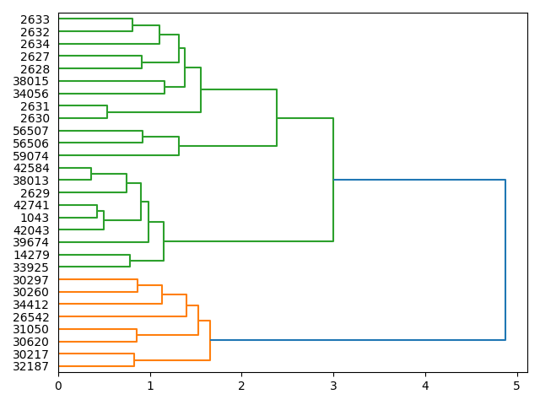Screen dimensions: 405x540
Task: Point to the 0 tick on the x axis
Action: pos(58,386)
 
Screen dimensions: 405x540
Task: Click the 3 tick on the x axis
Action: pos(333,386)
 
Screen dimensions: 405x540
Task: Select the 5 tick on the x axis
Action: pos(516,386)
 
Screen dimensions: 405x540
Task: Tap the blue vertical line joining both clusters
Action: pos(505,260)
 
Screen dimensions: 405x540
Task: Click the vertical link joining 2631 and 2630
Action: pos(107,112)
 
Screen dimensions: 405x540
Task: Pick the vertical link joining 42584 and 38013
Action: pos(91,174)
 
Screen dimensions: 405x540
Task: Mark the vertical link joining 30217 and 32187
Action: pos(134,360)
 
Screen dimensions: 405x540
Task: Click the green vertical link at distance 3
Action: pos(333,180)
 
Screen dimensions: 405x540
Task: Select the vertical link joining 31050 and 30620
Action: pos(137,336)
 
